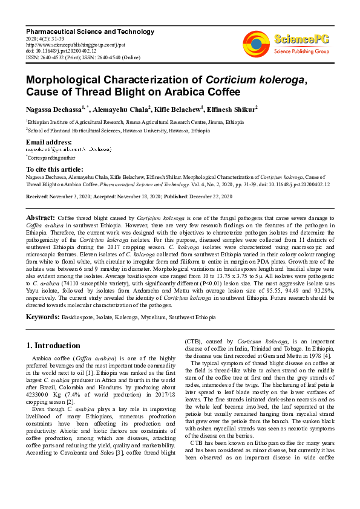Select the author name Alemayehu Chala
123,109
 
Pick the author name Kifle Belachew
186,109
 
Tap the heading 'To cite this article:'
55,169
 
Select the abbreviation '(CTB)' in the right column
194,342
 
